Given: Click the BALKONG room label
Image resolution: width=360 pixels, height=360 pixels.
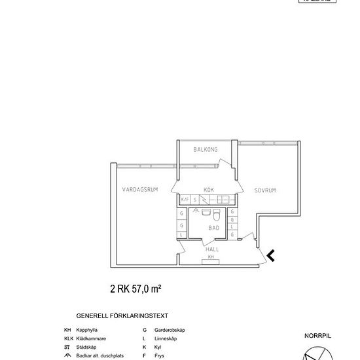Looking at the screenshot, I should click(206, 150).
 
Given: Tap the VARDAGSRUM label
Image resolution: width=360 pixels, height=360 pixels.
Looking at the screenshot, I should click(140, 190).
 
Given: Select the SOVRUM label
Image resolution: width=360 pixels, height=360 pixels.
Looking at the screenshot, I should click(265, 190).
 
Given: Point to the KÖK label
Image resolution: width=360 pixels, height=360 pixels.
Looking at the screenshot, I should click(209, 189).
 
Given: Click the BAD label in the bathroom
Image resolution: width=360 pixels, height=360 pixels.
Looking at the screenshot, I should click(213, 228).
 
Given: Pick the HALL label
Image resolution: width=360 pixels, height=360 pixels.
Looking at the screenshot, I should click(212, 249).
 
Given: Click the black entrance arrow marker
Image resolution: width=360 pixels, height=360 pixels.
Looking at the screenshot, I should click(270, 255).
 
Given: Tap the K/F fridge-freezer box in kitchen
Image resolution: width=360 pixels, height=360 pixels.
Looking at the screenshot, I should click(185, 199).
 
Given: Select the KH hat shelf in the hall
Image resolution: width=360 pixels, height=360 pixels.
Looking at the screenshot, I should click(211, 257).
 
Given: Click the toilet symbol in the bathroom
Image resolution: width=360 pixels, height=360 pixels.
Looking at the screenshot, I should click(217, 214).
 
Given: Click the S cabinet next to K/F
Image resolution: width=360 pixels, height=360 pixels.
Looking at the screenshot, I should click(194, 199).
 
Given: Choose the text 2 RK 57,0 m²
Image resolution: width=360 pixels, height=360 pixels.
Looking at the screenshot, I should click(135, 287).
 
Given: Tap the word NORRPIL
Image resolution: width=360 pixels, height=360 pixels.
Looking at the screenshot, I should click(318, 335).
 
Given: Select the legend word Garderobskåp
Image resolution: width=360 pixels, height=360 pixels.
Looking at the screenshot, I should click(170, 330).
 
